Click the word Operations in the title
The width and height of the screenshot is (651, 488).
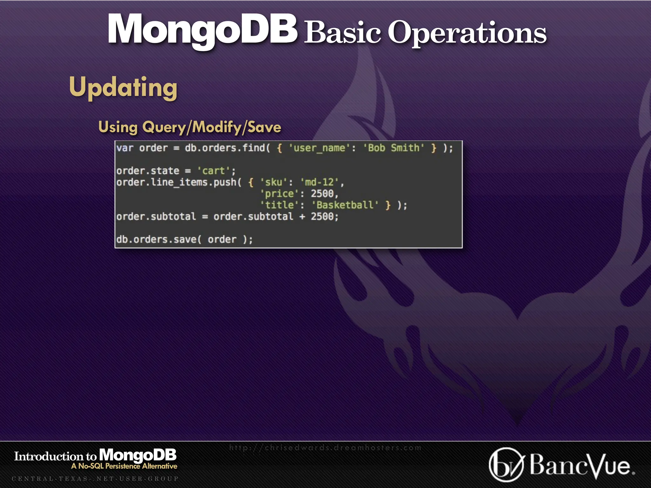(467, 33)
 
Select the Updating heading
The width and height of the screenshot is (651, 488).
(123, 87)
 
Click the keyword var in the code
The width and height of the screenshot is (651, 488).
(125, 148)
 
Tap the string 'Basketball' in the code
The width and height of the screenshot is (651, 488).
(345, 205)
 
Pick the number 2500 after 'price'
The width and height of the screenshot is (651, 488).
(322, 194)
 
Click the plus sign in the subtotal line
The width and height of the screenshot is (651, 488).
(302, 217)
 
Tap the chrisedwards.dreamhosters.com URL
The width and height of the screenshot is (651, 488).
(325, 448)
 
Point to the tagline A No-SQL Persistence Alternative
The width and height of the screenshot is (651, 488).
(124, 466)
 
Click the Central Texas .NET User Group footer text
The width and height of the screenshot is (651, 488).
(95, 479)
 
